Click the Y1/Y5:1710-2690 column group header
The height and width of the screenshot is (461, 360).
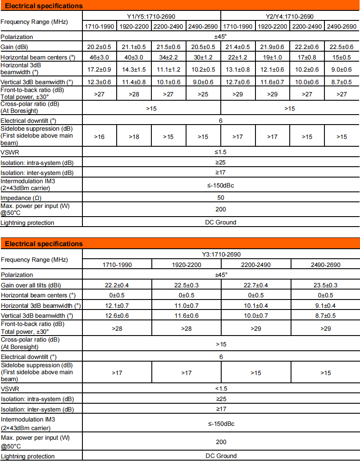coord(151,16)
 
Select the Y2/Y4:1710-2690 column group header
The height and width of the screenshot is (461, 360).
coord(290,16)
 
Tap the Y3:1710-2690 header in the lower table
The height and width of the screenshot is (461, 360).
coord(221,254)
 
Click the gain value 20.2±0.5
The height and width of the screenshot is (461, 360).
coord(99,47)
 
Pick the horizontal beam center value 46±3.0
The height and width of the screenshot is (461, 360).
coord(99,57)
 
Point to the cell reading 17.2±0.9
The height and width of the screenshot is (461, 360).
coord(99,69)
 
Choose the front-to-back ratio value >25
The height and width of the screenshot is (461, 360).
coord(203,93)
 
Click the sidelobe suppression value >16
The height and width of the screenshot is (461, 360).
coord(99,137)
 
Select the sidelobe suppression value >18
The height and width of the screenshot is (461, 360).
coord(134,137)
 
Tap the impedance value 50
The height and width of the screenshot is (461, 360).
coord(221,198)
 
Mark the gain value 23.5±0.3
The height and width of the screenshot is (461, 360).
coord(325,285)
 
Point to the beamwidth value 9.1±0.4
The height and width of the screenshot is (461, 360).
coord(325,306)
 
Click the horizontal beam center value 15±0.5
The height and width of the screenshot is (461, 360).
coord(342,57)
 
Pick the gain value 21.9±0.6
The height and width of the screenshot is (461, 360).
coord(272,47)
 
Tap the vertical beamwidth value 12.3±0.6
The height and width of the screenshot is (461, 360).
coord(99,82)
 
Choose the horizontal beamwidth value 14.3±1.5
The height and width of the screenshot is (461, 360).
coord(134,69)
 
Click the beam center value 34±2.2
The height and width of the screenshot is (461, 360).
coord(168,57)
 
